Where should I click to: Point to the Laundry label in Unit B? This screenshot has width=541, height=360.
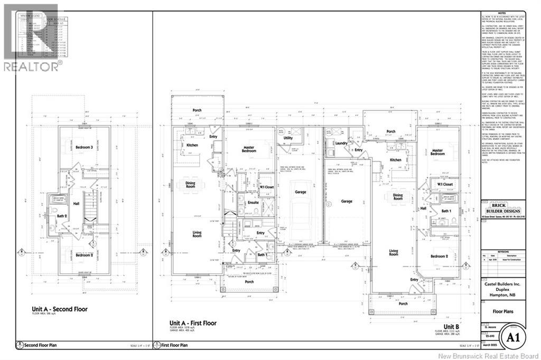click(x=340, y=143)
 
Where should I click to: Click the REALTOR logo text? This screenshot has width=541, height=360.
click(x=32, y=66)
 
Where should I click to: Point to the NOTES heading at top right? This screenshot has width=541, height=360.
click(x=503, y=14)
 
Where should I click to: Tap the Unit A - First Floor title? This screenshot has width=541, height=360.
click(x=193, y=323)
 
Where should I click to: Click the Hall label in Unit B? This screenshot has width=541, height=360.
click(x=423, y=209)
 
